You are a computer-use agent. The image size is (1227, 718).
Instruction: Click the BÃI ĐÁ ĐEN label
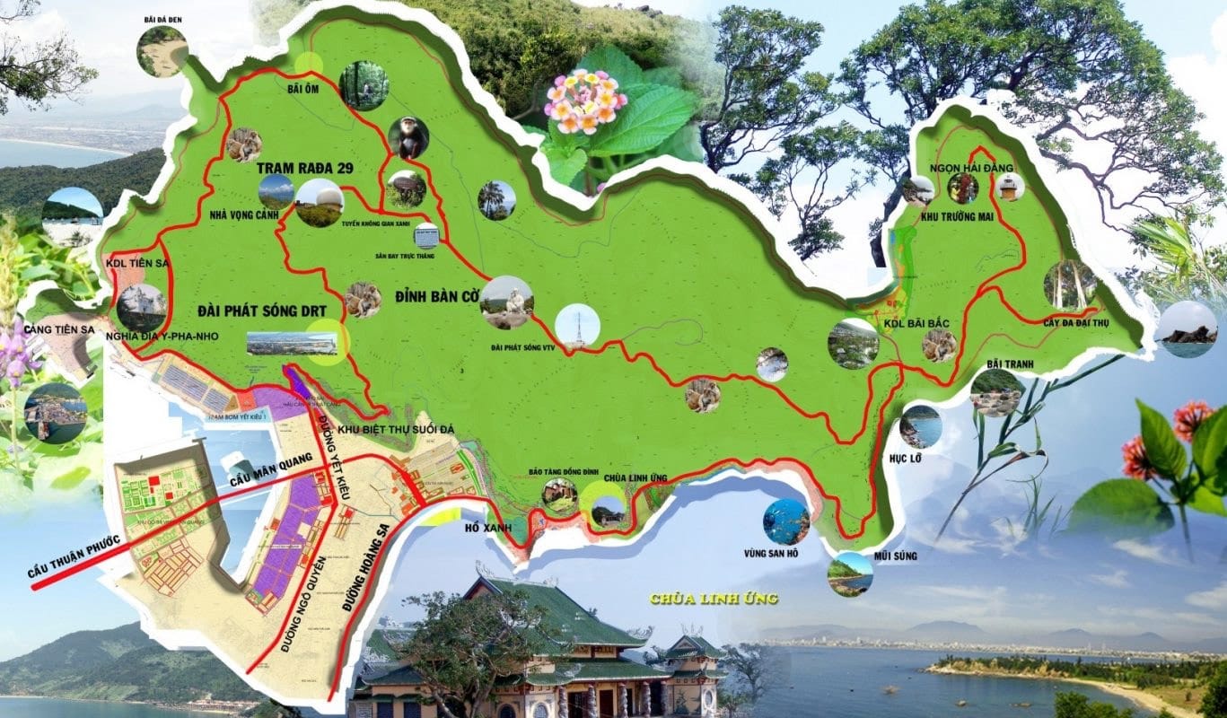click(x=162, y=18)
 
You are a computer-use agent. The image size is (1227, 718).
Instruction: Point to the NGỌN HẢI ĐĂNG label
click(x=960, y=168)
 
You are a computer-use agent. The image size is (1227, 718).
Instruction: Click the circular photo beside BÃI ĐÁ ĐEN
click(x=162, y=51)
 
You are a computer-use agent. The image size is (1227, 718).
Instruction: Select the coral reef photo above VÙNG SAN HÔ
click(x=786, y=521)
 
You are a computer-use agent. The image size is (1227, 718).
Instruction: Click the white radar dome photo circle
click(x=320, y=203)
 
